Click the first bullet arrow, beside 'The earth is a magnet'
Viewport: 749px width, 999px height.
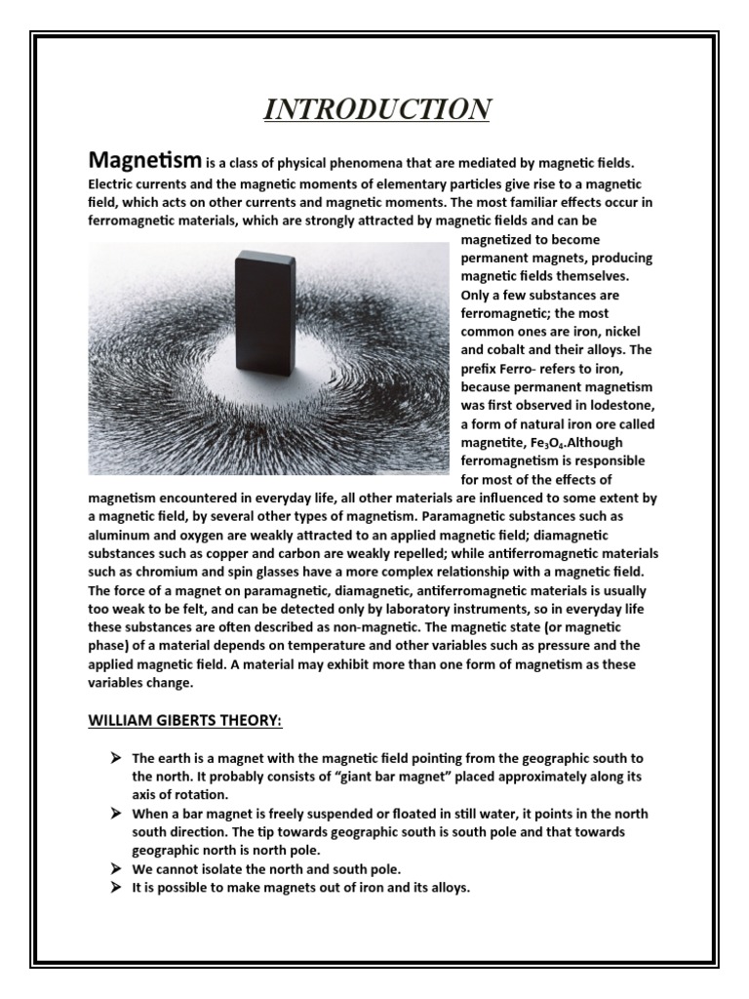click(116, 758)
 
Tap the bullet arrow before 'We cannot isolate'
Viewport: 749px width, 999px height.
click(116, 868)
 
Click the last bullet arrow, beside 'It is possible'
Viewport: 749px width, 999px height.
click(116, 888)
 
